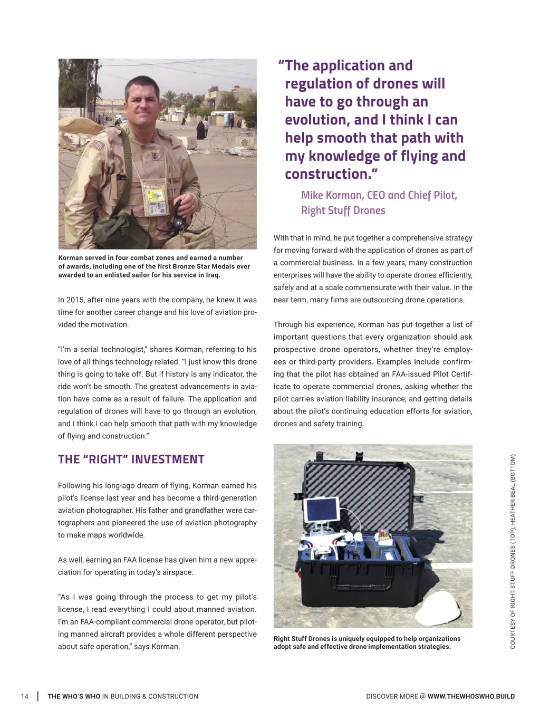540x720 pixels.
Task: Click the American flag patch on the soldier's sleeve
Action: tap(96, 145)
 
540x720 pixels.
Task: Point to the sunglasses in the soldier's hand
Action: tap(180, 216)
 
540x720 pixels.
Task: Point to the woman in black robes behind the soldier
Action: tap(201, 129)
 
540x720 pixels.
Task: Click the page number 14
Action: tap(25, 696)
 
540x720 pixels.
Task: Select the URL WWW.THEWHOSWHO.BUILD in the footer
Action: tap(471, 696)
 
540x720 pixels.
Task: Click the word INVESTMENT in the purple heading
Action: tap(167, 459)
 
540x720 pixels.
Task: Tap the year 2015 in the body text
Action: tap(75, 300)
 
